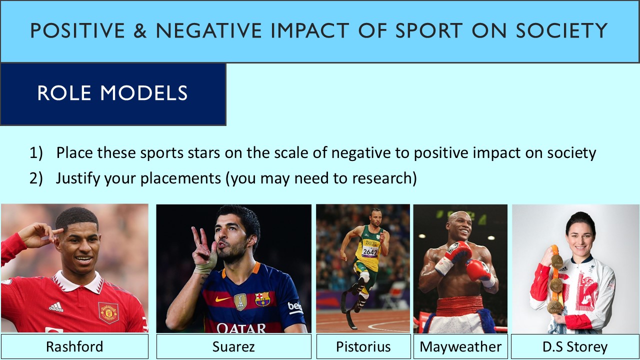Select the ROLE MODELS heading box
tap(113, 93)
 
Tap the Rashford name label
tap(74, 346)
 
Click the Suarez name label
tap(233, 346)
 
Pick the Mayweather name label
tap(460, 346)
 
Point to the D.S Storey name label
tap(575, 346)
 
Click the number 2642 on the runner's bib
tap(369, 251)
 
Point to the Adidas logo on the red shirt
tap(56, 306)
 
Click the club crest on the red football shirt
tap(108, 311)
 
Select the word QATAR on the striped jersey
tap(241, 327)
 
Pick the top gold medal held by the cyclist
tap(556, 261)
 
